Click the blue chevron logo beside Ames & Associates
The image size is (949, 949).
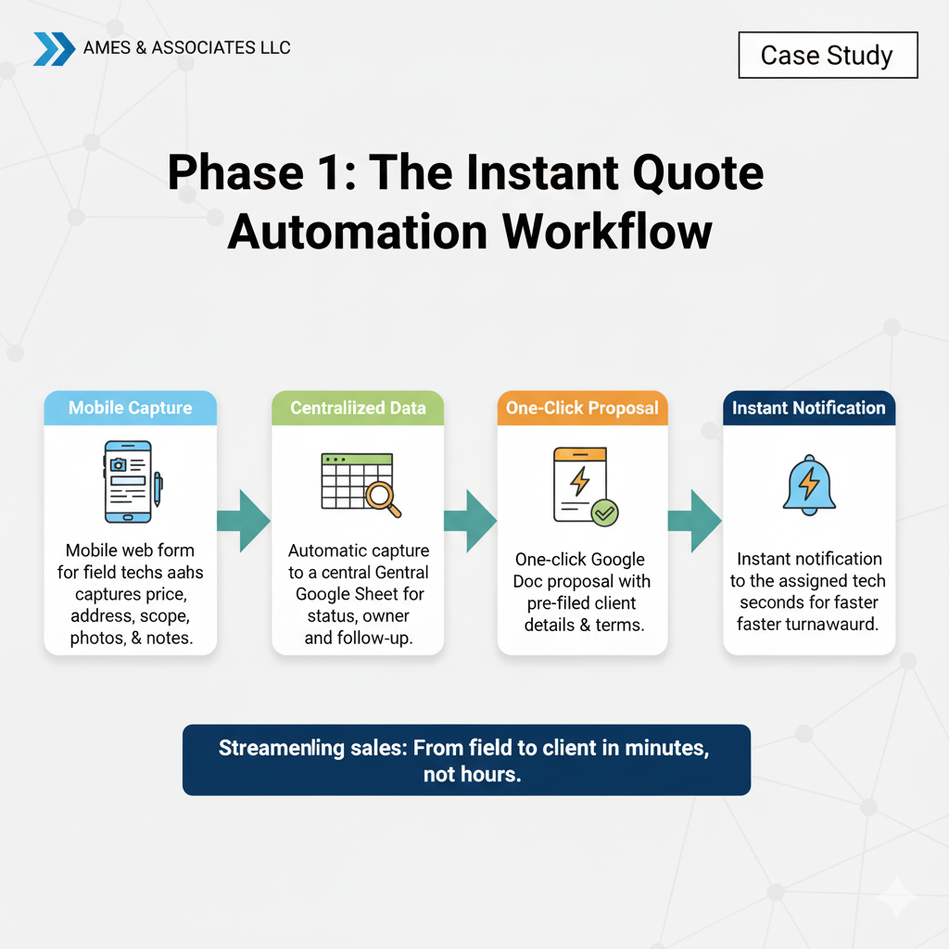(54, 49)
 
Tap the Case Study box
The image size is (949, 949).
(827, 56)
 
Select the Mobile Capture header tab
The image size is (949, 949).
(131, 408)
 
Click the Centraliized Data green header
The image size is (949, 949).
(357, 408)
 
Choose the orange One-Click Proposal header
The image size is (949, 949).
(582, 408)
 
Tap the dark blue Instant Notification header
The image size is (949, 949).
(808, 408)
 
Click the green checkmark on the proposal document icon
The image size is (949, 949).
(604, 512)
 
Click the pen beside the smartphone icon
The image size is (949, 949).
(158, 488)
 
